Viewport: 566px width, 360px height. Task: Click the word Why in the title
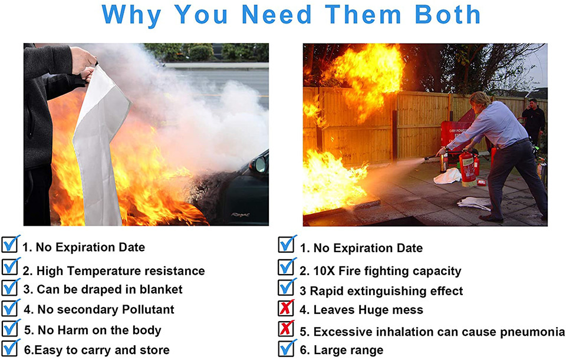pyautogui.click(x=131, y=16)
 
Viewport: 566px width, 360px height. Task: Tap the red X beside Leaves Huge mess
pyautogui.click(x=286, y=308)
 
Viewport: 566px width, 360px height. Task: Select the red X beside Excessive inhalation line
pyautogui.click(x=286, y=328)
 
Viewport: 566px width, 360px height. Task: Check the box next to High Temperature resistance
pyautogui.click(x=11, y=266)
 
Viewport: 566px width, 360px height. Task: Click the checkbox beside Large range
pyautogui.click(x=287, y=348)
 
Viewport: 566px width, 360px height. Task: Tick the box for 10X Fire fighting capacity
pyautogui.click(x=287, y=267)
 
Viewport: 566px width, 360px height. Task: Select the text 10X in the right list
pyautogui.click(x=324, y=271)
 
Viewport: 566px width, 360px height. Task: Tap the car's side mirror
pyautogui.click(x=259, y=164)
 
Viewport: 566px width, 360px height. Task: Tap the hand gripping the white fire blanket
pyautogui.click(x=83, y=60)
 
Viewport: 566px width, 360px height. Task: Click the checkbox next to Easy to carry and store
pyautogui.click(x=11, y=348)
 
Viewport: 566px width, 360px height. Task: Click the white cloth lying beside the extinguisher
pyautogui.click(x=447, y=176)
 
